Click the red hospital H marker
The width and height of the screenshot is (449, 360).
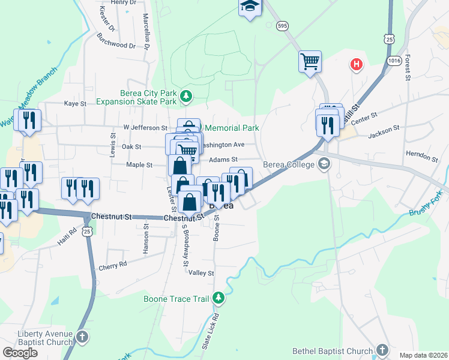tap(357, 65)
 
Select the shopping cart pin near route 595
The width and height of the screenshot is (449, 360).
tap(310, 61)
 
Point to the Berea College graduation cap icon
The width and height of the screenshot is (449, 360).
tap(324, 164)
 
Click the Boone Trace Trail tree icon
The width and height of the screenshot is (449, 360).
tap(219, 297)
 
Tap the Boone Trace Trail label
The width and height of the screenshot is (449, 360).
tap(177, 298)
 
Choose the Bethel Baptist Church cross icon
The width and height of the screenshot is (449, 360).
tap(382, 350)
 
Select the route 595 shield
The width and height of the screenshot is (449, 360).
tap(282, 25)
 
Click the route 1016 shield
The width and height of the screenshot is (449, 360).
tap(394, 61)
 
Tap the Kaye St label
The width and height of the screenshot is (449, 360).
tap(76, 104)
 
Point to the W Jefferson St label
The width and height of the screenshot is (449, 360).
tap(145, 128)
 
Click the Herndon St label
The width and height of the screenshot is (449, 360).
tap(422, 157)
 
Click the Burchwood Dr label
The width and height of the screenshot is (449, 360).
tap(116, 44)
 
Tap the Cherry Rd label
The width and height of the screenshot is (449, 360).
tap(113, 263)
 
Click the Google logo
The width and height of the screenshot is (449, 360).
tap(20, 353)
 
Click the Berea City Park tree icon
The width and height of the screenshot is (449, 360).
tap(187, 95)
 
